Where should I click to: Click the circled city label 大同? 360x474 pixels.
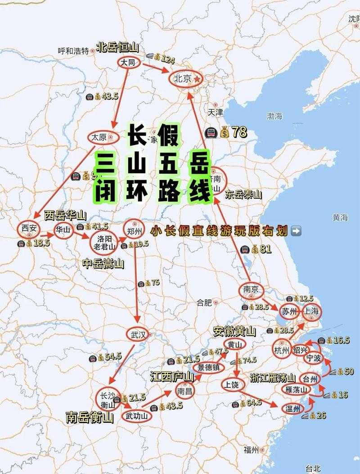pos(128,63)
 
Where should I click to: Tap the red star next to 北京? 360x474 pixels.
pos(197,79)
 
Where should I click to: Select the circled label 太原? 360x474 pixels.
pos(99,137)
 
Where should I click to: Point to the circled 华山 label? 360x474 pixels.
pos(63,229)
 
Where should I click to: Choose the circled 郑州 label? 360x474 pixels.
pos(134,232)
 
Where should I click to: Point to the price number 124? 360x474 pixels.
pos(167,59)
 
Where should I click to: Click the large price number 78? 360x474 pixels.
pos(239,132)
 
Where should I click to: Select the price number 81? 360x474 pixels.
pos(266,249)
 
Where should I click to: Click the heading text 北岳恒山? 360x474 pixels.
pos(117,48)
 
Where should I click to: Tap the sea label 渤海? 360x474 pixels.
pos(274,116)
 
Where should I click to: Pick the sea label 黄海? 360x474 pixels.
pos(340,218)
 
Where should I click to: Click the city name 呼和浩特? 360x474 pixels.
pos(73,51)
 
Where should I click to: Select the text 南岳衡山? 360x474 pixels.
pos(89,418)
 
